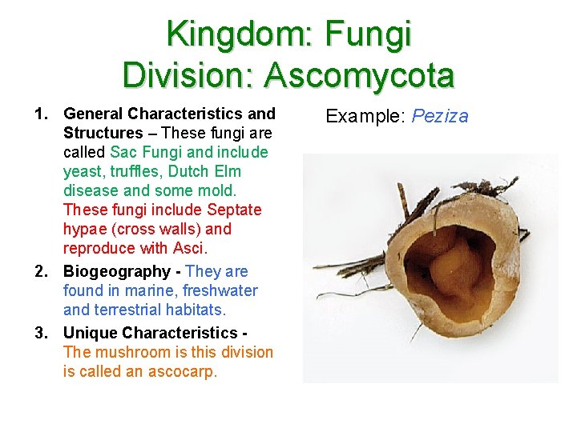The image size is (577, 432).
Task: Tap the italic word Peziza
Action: [x=440, y=116]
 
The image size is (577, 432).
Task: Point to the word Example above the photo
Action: [x=365, y=116]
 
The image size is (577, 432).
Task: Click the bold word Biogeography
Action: [x=116, y=271]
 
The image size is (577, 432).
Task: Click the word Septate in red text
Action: [x=234, y=210]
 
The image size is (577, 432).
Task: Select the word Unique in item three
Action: [x=91, y=332]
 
